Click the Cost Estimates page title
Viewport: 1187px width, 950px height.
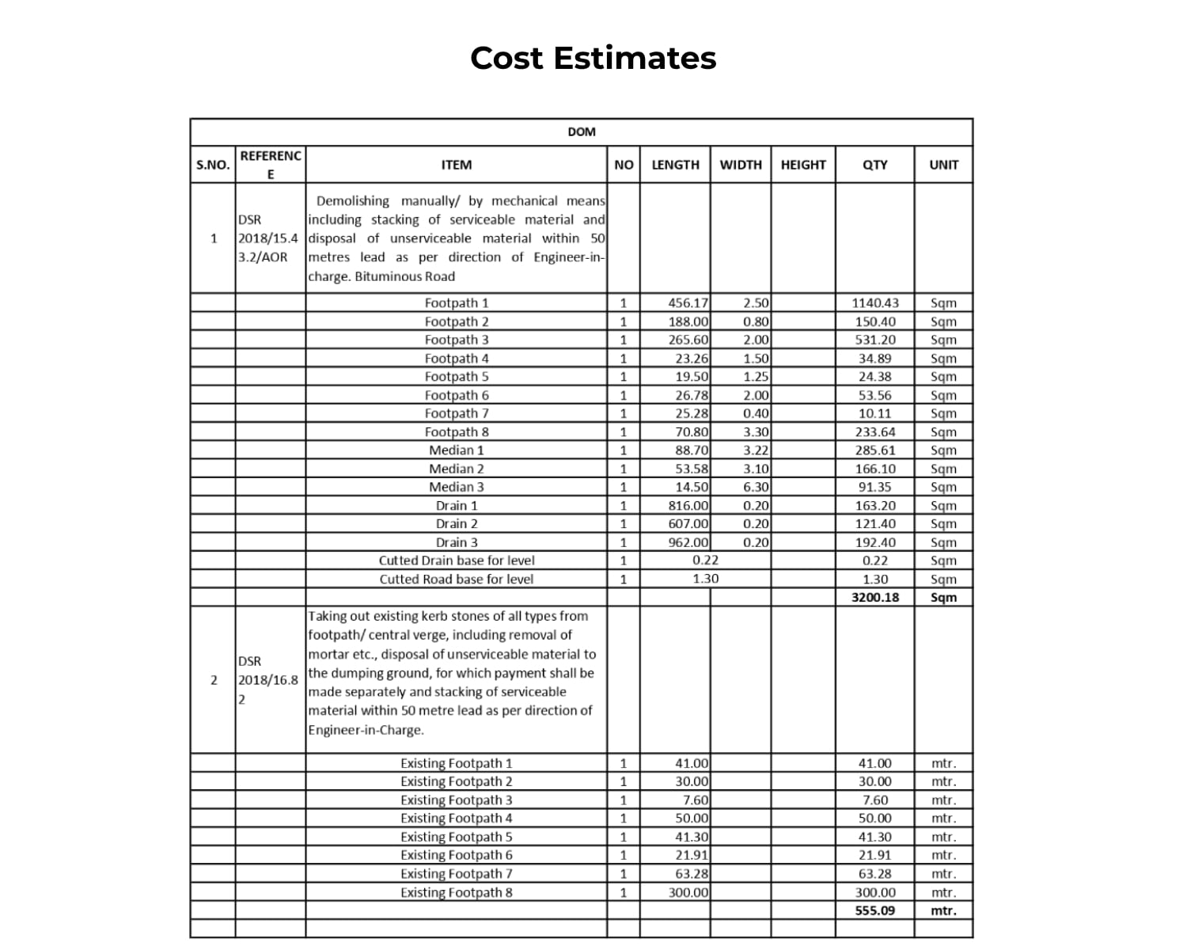click(x=593, y=58)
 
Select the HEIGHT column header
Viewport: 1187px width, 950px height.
click(x=802, y=165)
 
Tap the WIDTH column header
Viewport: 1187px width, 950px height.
click(x=740, y=165)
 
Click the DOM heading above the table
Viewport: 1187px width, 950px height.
click(x=581, y=131)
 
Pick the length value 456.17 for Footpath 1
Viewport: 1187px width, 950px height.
click(x=688, y=302)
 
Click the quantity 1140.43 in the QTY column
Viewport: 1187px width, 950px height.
click(x=874, y=302)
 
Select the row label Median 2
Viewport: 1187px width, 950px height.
click(x=456, y=469)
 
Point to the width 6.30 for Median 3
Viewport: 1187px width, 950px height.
click(x=756, y=487)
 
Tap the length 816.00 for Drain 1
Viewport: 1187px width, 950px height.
click(x=688, y=505)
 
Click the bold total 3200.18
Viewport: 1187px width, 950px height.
click(x=874, y=597)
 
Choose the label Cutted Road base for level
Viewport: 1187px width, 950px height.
click(x=456, y=579)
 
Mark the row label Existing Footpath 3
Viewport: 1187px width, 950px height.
click(x=456, y=800)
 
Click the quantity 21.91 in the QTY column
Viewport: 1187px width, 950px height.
click(x=874, y=855)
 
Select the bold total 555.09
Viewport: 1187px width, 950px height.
click(x=874, y=910)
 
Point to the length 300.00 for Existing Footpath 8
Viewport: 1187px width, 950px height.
click(x=688, y=892)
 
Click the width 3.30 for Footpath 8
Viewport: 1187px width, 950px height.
click(x=756, y=431)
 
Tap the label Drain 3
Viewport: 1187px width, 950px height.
click(x=456, y=542)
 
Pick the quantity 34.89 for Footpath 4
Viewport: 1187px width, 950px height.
click(x=874, y=358)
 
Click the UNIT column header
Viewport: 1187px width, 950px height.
click(x=943, y=165)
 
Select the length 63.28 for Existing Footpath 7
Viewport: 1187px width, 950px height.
click(x=692, y=873)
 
